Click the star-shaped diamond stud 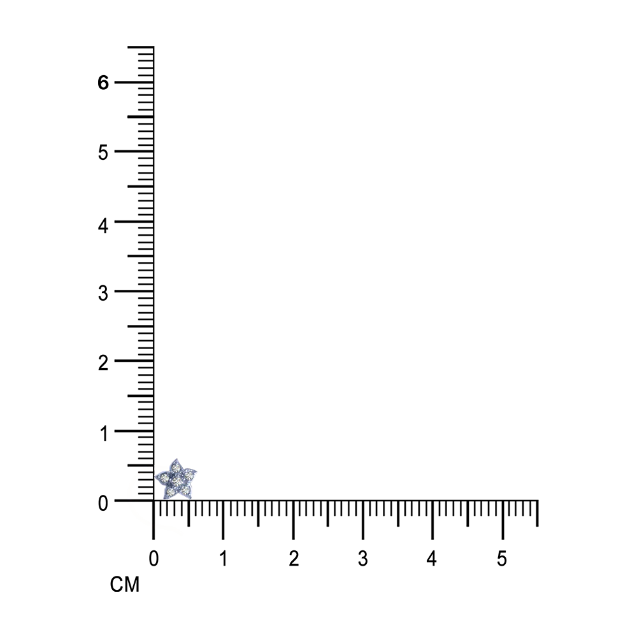click(x=176, y=480)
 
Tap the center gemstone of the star click(x=177, y=481)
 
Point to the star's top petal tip click(x=176, y=459)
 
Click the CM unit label click(x=125, y=585)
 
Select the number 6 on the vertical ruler click(x=103, y=82)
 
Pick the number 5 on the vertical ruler click(x=103, y=152)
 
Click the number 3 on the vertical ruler click(x=103, y=293)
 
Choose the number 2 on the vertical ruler click(x=103, y=363)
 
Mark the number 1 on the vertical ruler click(x=104, y=433)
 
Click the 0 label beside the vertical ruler click(x=103, y=504)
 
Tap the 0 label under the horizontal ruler click(x=154, y=559)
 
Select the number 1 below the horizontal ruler click(x=224, y=559)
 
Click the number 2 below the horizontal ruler click(x=294, y=559)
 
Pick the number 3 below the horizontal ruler click(x=363, y=559)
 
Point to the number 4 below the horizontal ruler click(x=432, y=559)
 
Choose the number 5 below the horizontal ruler click(x=502, y=559)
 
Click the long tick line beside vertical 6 click(x=134, y=82)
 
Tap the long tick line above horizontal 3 click(x=363, y=520)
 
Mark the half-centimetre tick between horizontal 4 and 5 click(x=468, y=513)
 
